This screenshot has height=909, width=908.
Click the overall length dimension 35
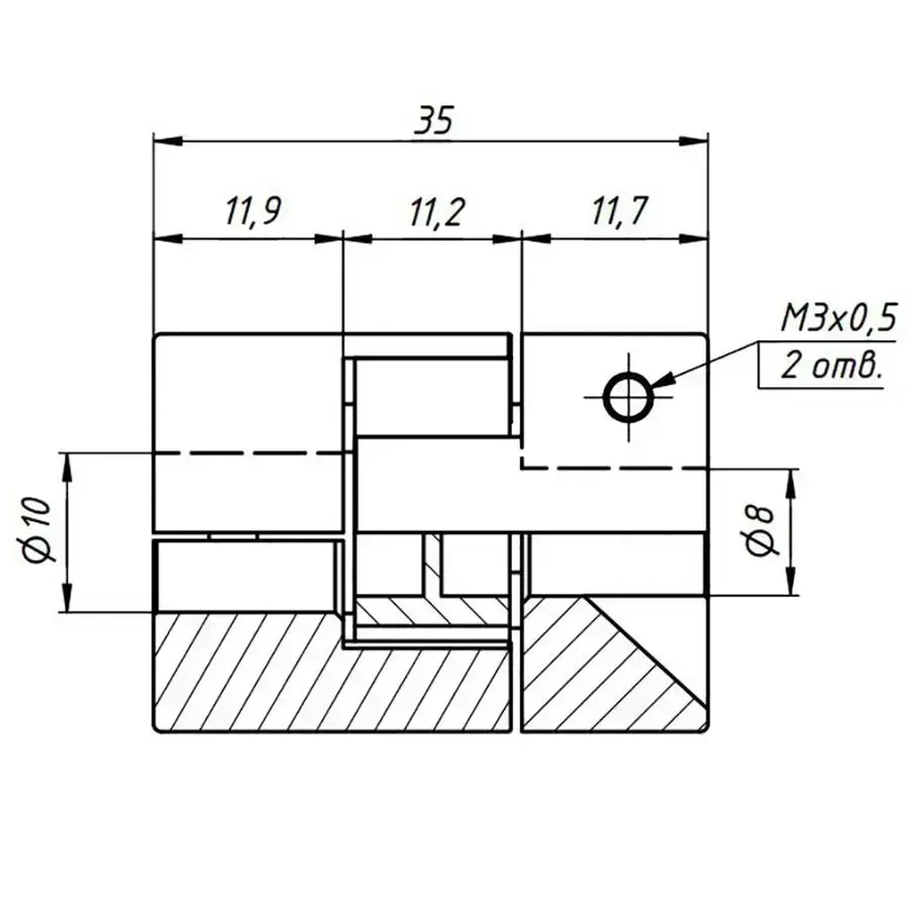point(432,122)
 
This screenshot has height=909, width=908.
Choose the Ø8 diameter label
point(761,531)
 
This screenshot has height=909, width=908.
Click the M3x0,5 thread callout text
point(838,319)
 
